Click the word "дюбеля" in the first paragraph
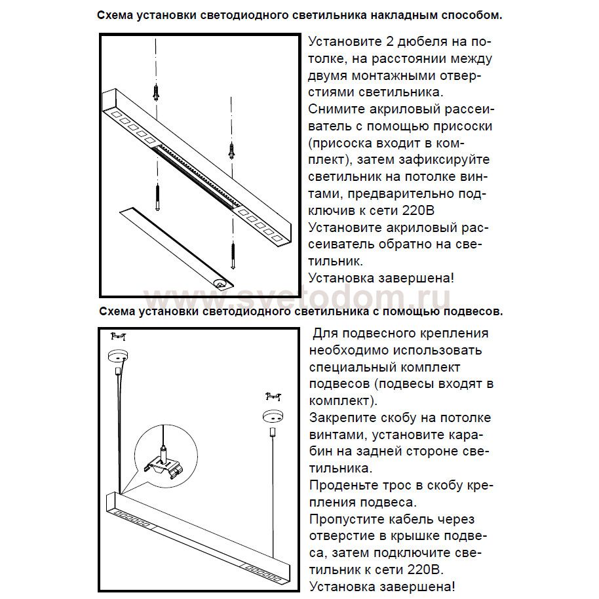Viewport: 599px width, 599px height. tap(412, 41)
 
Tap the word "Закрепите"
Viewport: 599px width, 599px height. tap(341, 418)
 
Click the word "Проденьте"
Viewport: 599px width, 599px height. tap(344, 486)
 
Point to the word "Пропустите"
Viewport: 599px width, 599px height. tap(348, 520)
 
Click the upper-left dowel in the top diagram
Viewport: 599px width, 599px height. tap(156, 92)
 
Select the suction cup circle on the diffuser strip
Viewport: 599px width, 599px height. tap(221, 284)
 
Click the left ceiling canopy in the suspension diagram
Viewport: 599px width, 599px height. tap(118, 356)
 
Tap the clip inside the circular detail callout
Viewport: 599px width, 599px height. tap(161, 463)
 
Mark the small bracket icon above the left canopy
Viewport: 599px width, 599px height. tap(118, 337)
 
